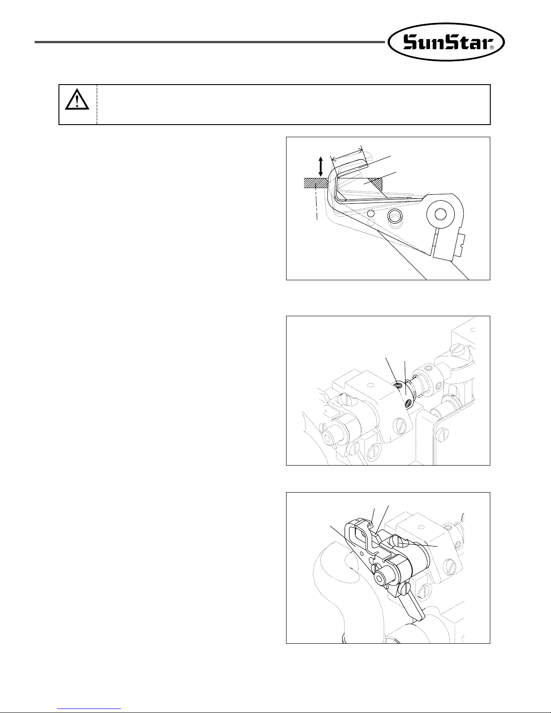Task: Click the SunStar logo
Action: point(446,42)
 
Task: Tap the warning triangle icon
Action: point(77,99)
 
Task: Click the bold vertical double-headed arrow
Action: point(321,166)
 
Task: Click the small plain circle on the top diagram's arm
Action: point(371,213)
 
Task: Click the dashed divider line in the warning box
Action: point(97,105)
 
